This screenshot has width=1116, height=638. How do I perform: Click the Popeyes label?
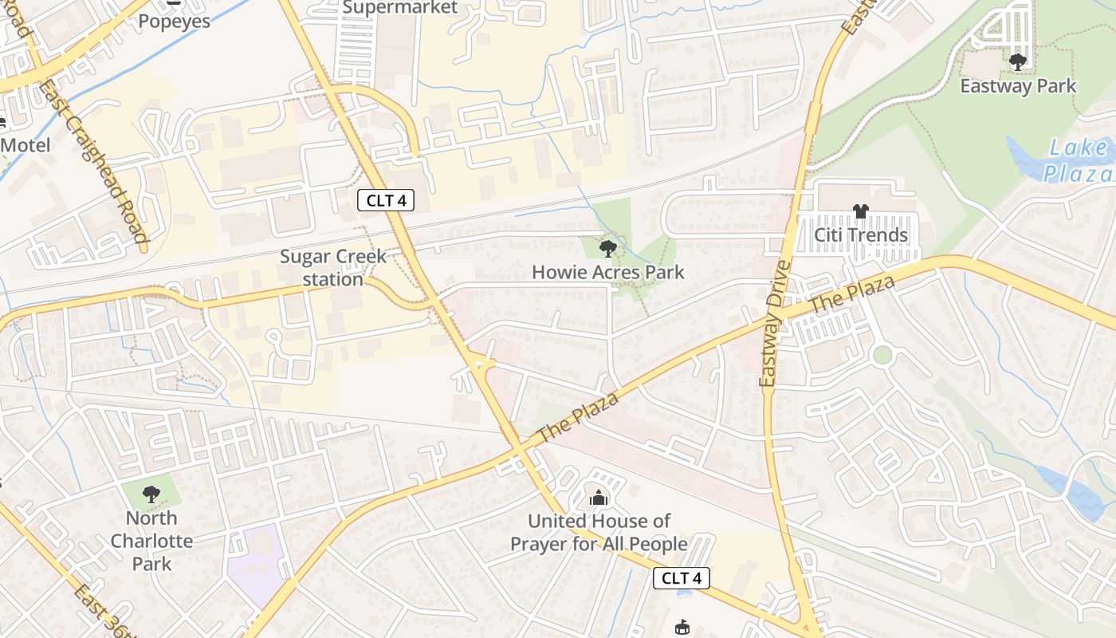[x=174, y=21]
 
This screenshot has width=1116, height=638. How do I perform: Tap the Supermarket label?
[x=400, y=8]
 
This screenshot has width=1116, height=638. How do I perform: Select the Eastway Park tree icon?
[x=1017, y=61]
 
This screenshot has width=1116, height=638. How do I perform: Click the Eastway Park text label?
[x=1018, y=86]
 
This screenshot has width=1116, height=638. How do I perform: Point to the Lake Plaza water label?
[x=1078, y=160]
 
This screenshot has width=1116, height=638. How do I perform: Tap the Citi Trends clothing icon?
[x=861, y=211]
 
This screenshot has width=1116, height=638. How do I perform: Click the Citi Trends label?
[x=861, y=235]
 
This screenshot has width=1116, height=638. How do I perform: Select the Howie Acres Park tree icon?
[x=607, y=249]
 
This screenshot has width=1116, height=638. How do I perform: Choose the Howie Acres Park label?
[x=607, y=273]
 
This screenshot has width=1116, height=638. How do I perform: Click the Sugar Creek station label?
[x=333, y=268]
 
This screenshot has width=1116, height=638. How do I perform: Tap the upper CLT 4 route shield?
[x=386, y=200]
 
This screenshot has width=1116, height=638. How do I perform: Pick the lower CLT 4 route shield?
[x=681, y=578]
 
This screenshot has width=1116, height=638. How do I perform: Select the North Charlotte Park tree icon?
[x=151, y=494]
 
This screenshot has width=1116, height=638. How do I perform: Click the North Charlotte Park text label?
[x=151, y=541]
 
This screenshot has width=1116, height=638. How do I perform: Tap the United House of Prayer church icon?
[x=598, y=498]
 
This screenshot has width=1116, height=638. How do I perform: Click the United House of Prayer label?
[x=599, y=533]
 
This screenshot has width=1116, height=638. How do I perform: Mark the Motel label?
[x=26, y=145]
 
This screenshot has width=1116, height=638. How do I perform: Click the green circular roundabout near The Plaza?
[x=882, y=355]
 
